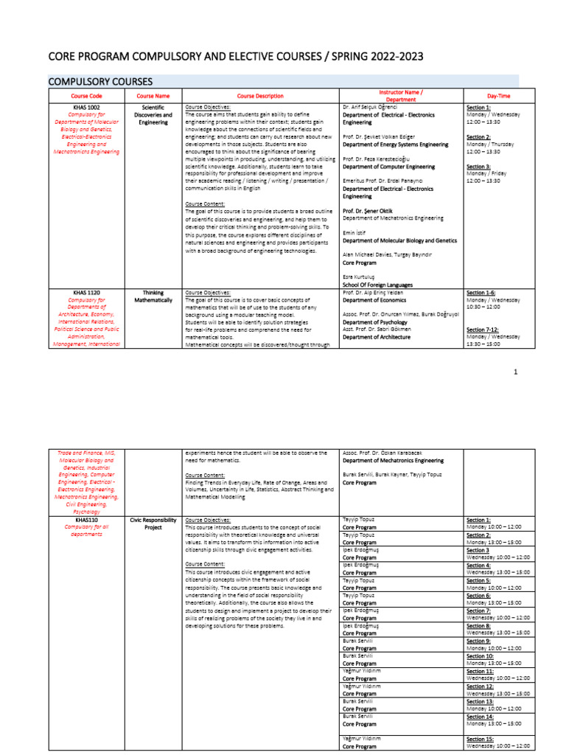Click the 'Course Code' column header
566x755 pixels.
pyautogui.click(x=86, y=96)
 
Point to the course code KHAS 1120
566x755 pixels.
pyautogui.click(x=86, y=293)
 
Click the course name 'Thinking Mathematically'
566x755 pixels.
pyautogui.click(x=156, y=296)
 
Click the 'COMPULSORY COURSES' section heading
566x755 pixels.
pyautogui.click(x=100, y=80)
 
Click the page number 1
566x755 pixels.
pyautogui.click(x=516, y=372)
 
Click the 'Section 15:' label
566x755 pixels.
pyautogui.click(x=481, y=738)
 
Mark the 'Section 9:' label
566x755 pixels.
pyautogui.click(x=479, y=641)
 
